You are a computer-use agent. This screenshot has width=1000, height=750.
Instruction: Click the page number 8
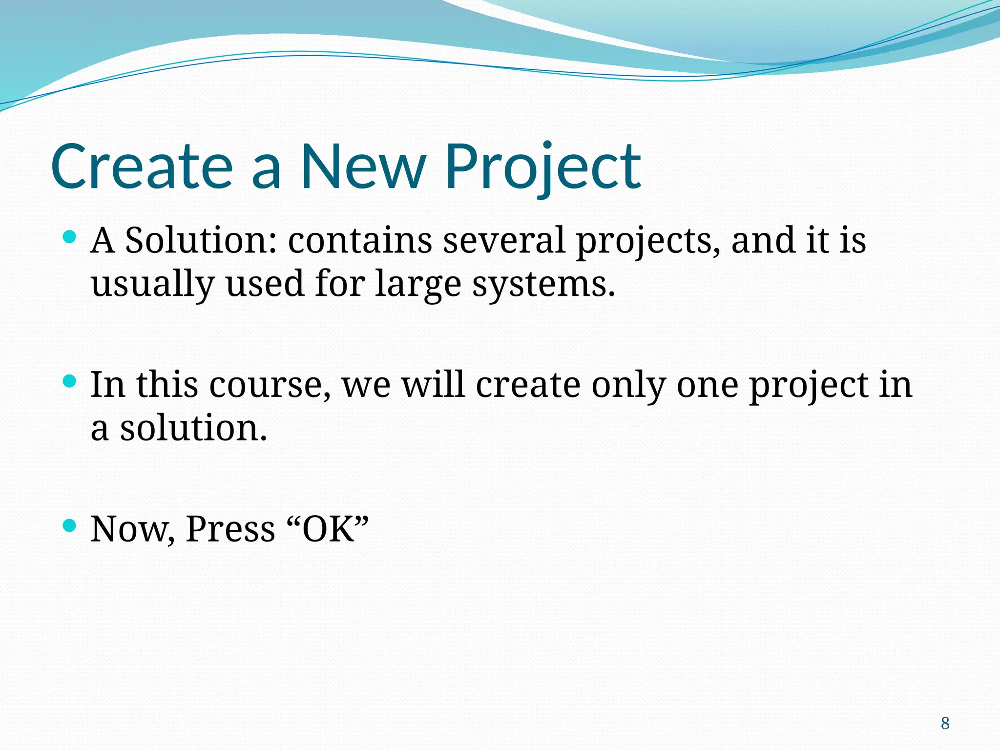coord(945,723)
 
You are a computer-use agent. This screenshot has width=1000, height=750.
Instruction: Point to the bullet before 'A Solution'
coord(70,238)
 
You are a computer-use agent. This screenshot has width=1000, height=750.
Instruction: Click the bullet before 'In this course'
coord(70,381)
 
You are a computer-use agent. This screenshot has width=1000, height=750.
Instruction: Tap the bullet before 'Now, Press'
coord(70,525)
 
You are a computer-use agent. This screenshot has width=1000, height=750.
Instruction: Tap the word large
coord(418,284)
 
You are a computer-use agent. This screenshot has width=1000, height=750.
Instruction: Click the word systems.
coord(543,284)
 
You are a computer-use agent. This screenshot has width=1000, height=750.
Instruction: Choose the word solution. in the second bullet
coord(194,428)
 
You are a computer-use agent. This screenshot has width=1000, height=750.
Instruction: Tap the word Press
coord(230,529)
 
